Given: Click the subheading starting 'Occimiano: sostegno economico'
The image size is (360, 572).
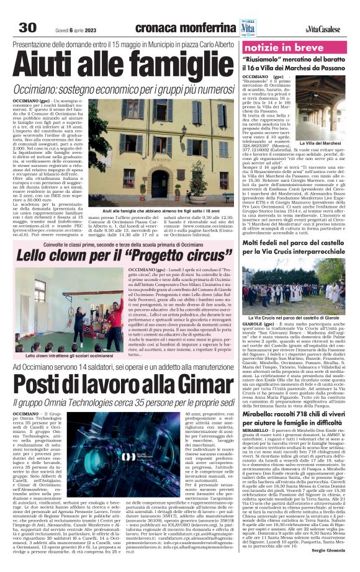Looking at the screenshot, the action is click(x=119, y=89).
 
